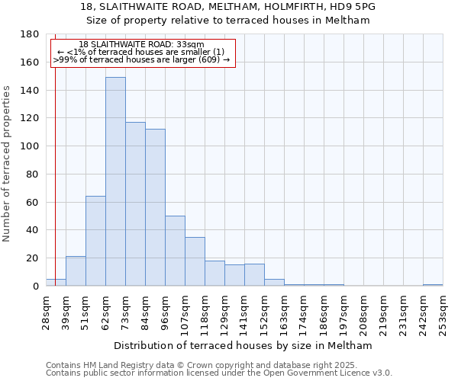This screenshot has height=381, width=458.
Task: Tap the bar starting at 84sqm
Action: click(155, 207)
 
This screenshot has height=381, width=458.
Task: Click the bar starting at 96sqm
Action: click(175, 251)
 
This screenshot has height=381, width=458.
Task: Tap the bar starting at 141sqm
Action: click(254, 275)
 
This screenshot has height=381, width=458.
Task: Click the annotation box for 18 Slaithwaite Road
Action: click(143, 53)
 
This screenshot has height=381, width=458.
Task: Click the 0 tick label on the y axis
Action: click(35, 287)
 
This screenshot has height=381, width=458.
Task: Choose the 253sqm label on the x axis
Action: click(443, 310)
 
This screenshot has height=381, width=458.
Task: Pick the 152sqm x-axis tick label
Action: click(265, 310)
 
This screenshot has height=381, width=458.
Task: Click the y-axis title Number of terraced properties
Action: click(7, 163)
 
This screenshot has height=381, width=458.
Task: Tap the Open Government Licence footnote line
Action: click(219, 373)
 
